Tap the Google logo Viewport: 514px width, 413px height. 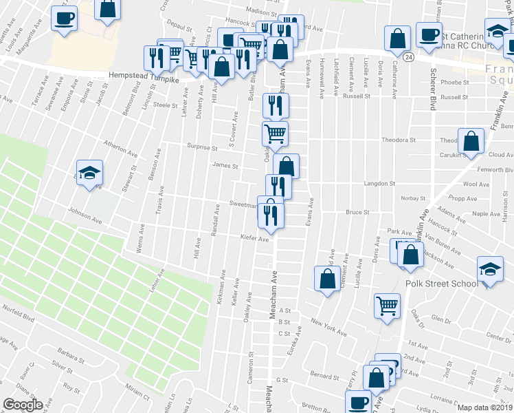(23, 404)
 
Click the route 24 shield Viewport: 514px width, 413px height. (408, 56)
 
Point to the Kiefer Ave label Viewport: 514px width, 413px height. (254, 239)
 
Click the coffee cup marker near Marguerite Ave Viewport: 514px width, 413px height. (64, 19)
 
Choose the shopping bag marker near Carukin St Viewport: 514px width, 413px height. (471, 142)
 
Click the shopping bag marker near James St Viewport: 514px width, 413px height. (287, 166)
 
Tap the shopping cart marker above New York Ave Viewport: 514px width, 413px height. (388, 305)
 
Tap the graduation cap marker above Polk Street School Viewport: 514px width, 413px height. (489, 268)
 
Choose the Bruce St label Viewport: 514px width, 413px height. (358, 213)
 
